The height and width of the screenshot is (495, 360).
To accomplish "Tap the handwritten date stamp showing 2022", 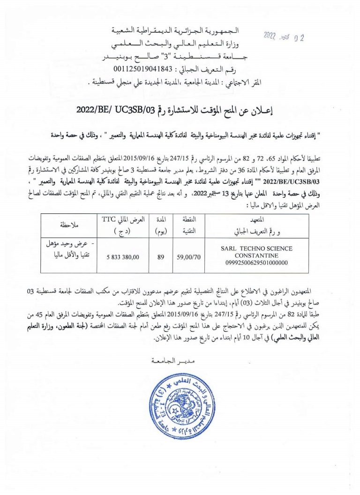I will [x=284, y=37].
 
